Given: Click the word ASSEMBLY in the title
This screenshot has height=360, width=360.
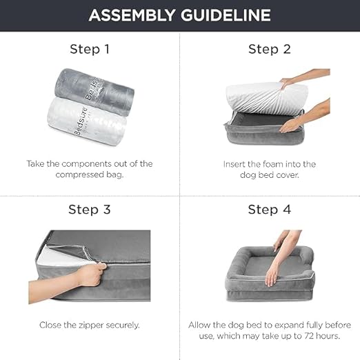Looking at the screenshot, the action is pyautogui.click(x=132, y=15).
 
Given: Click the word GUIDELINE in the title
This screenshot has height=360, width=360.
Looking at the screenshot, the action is pyautogui.click(x=226, y=15).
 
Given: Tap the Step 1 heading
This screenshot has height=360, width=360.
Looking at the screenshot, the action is pyautogui.click(x=90, y=49).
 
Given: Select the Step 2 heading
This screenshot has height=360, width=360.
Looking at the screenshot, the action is pyautogui.click(x=270, y=49).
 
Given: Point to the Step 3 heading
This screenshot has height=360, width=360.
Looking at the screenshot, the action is pyautogui.click(x=90, y=210).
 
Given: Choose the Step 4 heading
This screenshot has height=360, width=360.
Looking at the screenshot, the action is pyautogui.click(x=270, y=210).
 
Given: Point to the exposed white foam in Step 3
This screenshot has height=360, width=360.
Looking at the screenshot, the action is pyautogui.click(x=64, y=257).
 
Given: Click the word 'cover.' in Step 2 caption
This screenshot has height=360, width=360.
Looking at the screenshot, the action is pyautogui.click(x=288, y=175).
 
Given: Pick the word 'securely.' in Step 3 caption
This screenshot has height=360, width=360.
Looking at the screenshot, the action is pyautogui.click(x=123, y=326).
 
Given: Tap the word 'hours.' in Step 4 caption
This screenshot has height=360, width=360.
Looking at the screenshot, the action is pyautogui.click(x=328, y=336).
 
